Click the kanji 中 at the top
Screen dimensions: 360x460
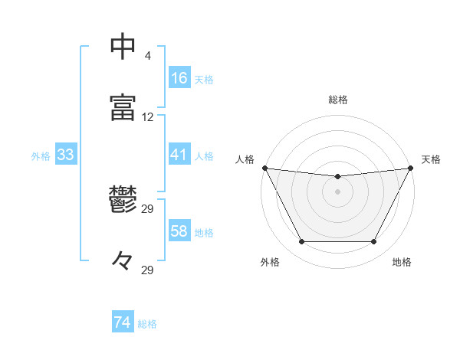123,47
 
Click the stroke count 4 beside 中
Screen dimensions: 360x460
147,56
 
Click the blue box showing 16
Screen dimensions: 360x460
179,78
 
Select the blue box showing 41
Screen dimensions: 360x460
179,155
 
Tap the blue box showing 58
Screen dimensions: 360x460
179,231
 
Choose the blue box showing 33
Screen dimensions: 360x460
65,155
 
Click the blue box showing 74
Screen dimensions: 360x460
122,323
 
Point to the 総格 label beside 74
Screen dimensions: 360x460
147,324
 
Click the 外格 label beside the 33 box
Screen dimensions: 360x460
40,155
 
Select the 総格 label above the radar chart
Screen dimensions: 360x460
337,100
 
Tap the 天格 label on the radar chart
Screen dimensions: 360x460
431,159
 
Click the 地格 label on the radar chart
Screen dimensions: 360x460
402,263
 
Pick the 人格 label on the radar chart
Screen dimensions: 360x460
245,159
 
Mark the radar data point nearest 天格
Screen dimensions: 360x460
411,168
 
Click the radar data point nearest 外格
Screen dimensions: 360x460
301,242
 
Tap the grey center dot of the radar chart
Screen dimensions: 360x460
337,191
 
